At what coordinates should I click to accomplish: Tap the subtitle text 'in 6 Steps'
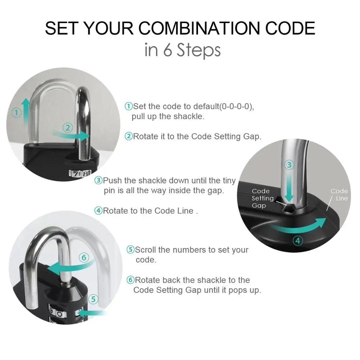[x=182, y=50]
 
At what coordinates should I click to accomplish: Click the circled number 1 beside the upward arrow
[x=16, y=113]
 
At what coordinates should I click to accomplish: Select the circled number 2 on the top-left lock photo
[x=68, y=127]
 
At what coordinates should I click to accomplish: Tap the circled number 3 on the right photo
[x=289, y=165]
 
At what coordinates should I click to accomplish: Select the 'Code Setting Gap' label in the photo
[x=262, y=198]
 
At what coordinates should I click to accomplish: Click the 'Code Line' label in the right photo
[x=339, y=195]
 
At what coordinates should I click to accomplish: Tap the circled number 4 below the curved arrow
[x=298, y=240]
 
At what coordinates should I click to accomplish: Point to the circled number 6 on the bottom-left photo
[x=84, y=257]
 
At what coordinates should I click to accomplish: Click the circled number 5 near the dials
[x=93, y=299]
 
